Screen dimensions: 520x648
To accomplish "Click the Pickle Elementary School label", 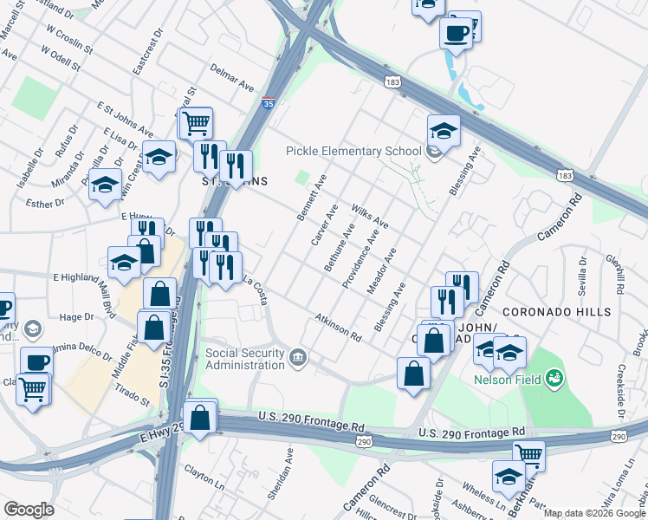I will pyautogui.click(x=353, y=151).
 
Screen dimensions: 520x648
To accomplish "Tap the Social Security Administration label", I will pyautogui.click(x=245, y=359).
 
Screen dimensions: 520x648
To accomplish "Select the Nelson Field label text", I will pyautogui.click(x=507, y=380).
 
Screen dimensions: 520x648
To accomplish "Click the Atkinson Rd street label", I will pyautogui.click(x=338, y=327).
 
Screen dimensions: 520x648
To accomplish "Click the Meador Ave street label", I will pyautogui.click(x=381, y=271).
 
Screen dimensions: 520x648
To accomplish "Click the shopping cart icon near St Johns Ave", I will pyautogui.click(x=197, y=122).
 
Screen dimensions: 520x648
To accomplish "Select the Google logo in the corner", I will pyautogui.click(x=29, y=510).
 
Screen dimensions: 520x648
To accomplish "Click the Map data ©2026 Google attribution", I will pyautogui.click(x=594, y=513).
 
